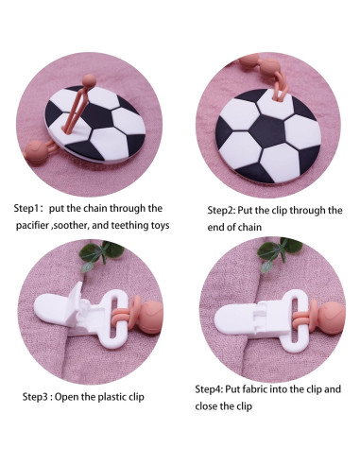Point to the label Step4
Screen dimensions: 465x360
tap(210, 389)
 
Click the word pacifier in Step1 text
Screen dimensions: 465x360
tap(36, 227)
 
